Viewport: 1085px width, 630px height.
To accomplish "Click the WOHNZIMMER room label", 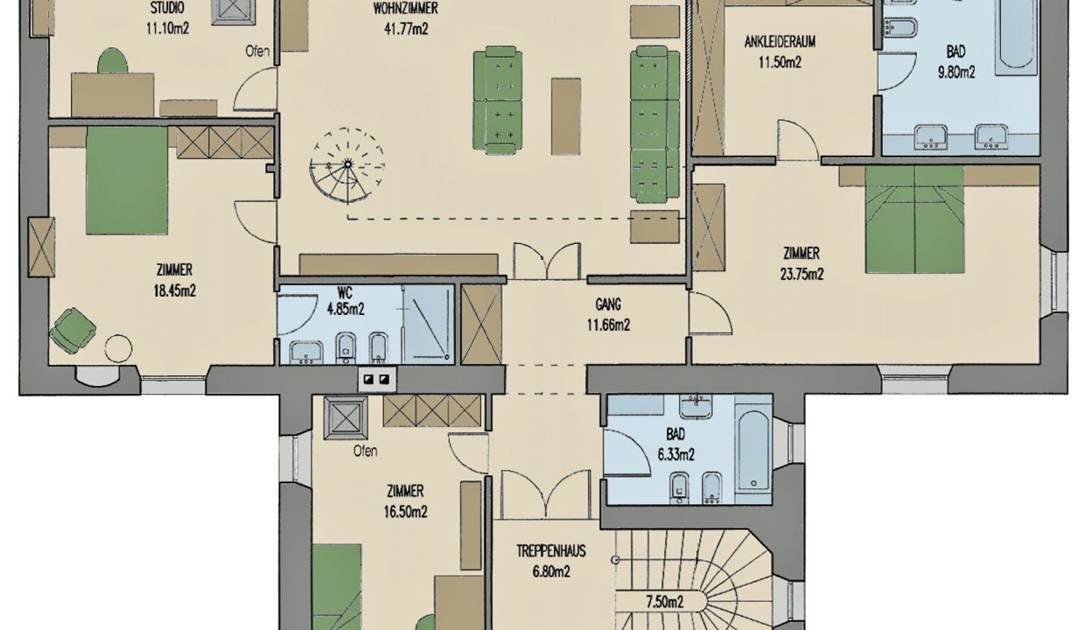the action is pyautogui.click(x=405, y=8).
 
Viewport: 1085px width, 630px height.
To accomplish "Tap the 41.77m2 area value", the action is pyautogui.click(x=406, y=29).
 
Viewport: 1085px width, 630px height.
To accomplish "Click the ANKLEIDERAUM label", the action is pyautogui.click(x=780, y=42).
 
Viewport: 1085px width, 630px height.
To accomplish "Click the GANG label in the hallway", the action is pyautogui.click(x=608, y=304).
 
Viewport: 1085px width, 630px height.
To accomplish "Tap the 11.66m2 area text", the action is pyautogui.click(x=608, y=325).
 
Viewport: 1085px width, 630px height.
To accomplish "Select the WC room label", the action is pyautogui.click(x=345, y=292).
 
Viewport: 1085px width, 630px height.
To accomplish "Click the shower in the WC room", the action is pyautogui.click(x=429, y=324).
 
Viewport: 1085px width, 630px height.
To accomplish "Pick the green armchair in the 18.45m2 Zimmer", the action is pyautogui.click(x=73, y=330).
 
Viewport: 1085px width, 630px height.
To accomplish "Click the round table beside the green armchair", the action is pyautogui.click(x=118, y=348).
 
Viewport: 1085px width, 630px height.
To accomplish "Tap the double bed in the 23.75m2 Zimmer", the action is pyautogui.click(x=914, y=220).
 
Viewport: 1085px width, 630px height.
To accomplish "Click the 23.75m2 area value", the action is pyautogui.click(x=801, y=275).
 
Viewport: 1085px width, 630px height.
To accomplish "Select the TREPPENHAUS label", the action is pyautogui.click(x=550, y=551).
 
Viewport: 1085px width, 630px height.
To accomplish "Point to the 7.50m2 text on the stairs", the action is pyautogui.click(x=665, y=602).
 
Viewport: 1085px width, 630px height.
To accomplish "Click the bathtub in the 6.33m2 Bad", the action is pyautogui.click(x=753, y=451).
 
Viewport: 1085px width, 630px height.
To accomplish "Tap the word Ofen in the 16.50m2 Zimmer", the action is pyautogui.click(x=365, y=451).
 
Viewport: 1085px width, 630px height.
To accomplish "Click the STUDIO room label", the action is pyautogui.click(x=167, y=8).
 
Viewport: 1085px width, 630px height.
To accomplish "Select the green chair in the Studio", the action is pyautogui.click(x=112, y=61).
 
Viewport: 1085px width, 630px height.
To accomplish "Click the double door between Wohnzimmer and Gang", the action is pyautogui.click(x=547, y=262).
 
